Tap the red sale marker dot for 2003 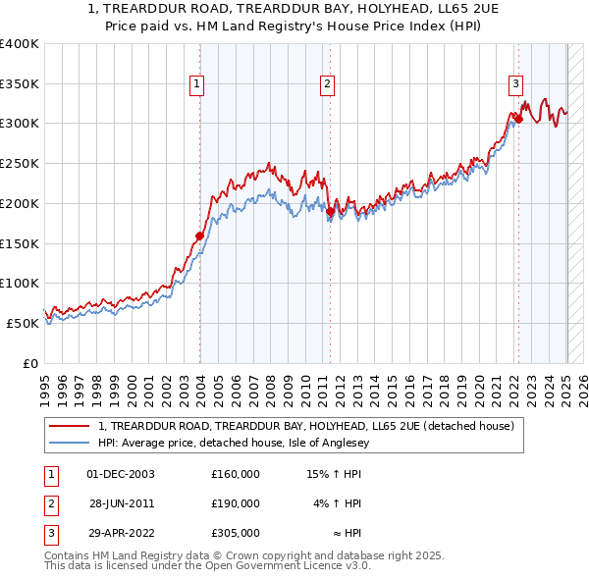point(199,236)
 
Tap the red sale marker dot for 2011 point(331,211)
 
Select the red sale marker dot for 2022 point(518,120)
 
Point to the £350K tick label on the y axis point(20,84)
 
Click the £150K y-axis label point(20,243)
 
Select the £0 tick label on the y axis point(31,363)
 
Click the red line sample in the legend point(70,426)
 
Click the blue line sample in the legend point(70,443)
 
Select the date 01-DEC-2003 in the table point(120,474)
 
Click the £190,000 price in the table point(235,503)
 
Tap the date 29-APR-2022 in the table point(120,533)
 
